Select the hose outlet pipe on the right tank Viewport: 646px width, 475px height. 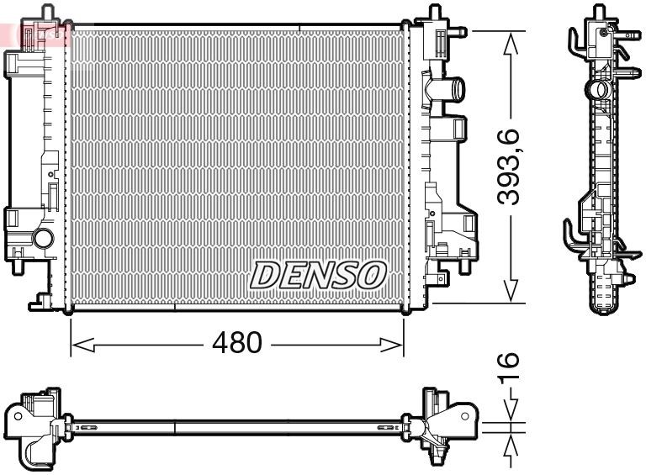[x=451, y=87]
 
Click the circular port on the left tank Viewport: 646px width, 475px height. [x=43, y=239]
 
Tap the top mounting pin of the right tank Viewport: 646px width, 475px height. [x=435, y=12]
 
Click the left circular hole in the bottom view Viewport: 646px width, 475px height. [x=17, y=415]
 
